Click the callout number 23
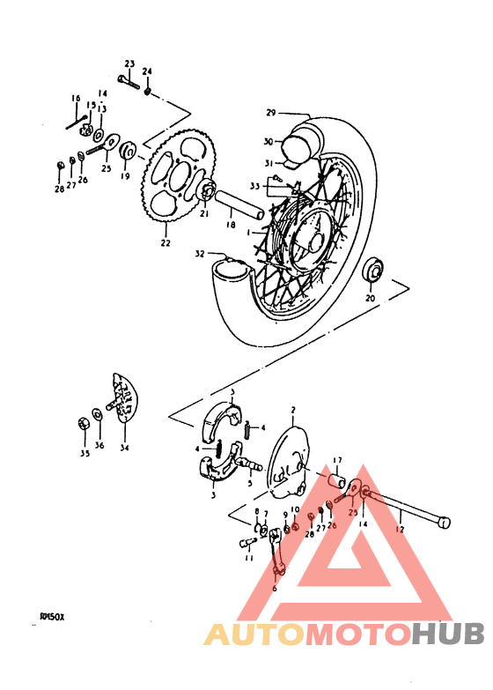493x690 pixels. coord(129,64)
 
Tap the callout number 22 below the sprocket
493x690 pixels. coord(166,243)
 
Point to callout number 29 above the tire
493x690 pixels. coord(271,113)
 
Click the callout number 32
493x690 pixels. coord(200,254)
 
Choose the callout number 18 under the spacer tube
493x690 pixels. coord(231,226)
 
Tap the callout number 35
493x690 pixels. coord(85,455)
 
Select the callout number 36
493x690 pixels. coord(99,446)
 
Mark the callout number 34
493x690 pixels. coord(124,447)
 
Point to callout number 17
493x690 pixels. coord(336,460)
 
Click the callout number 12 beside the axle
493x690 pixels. coord(400,530)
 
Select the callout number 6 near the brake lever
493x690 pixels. coord(274,588)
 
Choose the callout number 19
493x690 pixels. coord(124,176)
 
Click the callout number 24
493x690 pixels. coord(147,70)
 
